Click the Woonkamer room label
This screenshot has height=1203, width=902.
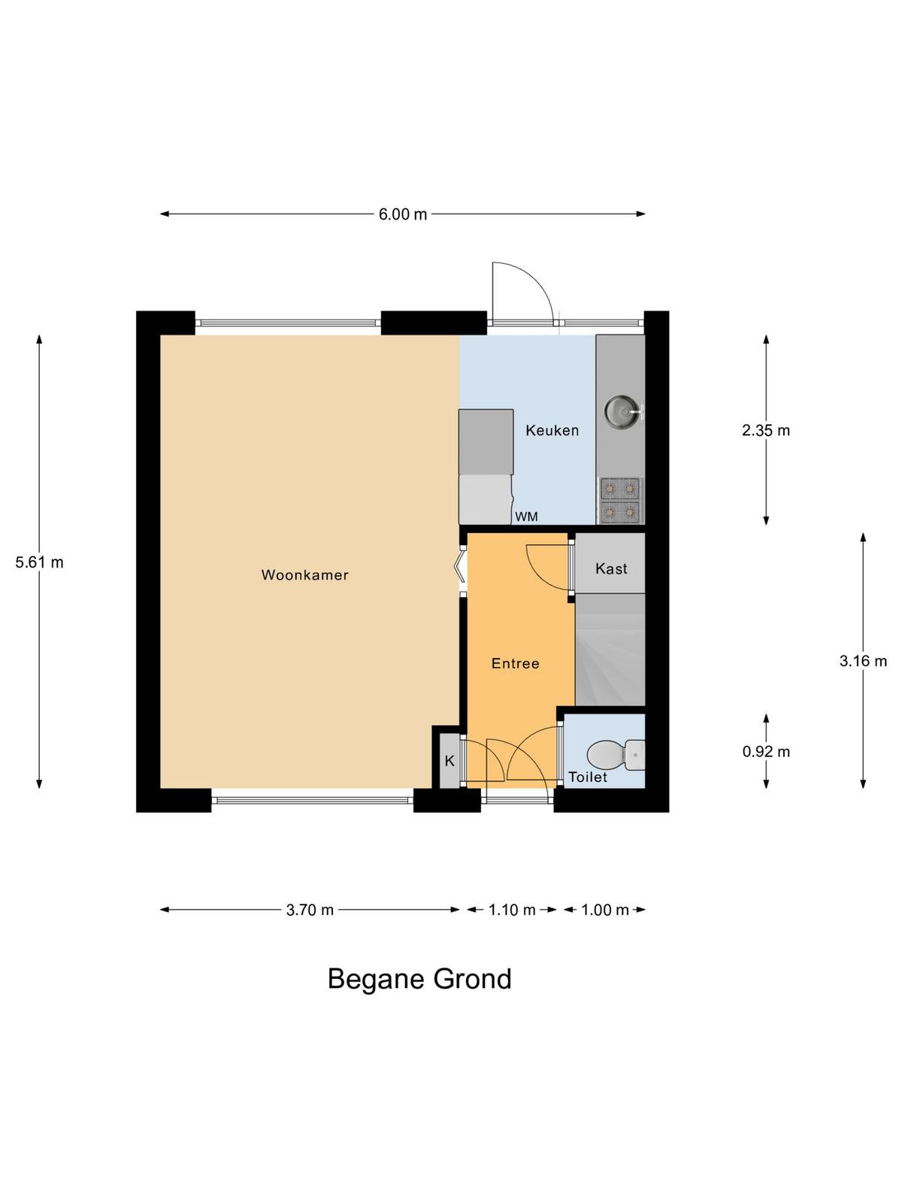click(304, 575)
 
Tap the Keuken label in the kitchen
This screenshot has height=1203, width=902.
click(552, 430)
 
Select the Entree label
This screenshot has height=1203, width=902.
click(516, 664)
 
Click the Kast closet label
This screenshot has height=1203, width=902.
click(611, 568)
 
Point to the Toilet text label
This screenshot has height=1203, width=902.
click(588, 777)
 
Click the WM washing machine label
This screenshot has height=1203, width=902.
click(526, 517)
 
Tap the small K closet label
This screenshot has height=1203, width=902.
click(449, 761)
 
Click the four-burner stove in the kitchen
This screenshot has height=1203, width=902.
click(620, 500)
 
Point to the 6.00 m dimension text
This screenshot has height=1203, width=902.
click(403, 214)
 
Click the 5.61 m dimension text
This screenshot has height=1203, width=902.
click(39, 562)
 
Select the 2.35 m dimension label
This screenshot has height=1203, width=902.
click(766, 430)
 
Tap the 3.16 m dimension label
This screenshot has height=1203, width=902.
click(863, 661)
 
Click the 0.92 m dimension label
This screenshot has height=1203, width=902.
click(766, 751)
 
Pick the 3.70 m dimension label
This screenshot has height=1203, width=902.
click(310, 910)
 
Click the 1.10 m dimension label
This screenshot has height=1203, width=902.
click(512, 910)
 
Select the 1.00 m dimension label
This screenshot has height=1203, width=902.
click(604, 910)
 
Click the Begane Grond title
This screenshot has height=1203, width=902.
click(419, 979)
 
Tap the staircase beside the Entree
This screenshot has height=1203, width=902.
click(610, 650)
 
